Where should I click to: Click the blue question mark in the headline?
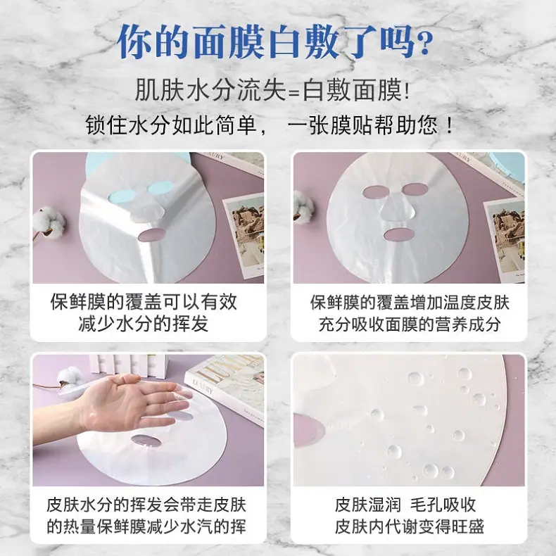[x=424, y=42]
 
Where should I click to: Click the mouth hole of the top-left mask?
[x=151, y=235]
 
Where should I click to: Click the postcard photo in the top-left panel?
[x=244, y=235]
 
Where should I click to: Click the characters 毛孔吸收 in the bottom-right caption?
[x=443, y=505]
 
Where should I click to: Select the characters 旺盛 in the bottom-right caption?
[x=468, y=526]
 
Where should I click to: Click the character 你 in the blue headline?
[x=134, y=42]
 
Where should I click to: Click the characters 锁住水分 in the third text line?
[x=126, y=125]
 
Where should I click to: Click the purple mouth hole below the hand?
[x=146, y=441]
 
